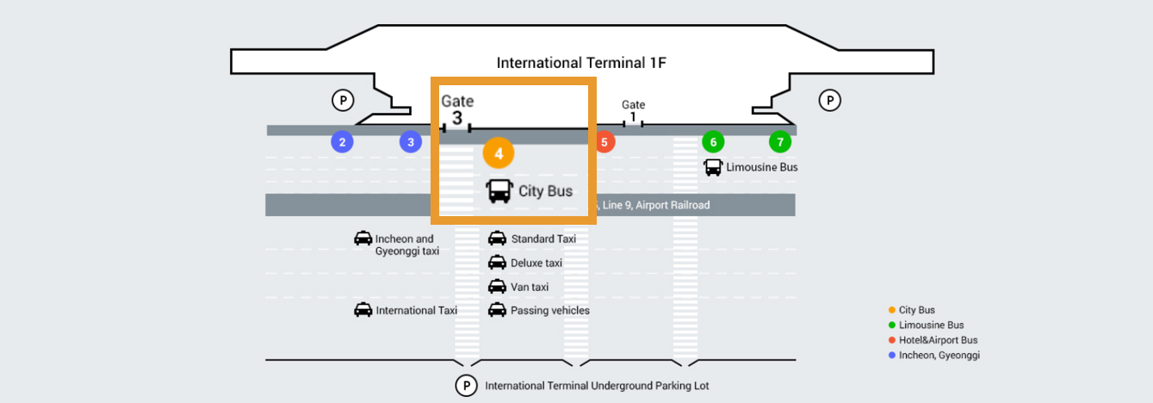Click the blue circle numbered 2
click(x=343, y=142)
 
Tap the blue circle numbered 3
click(x=411, y=142)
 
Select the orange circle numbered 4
click(x=499, y=153)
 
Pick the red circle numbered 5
click(x=604, y=142)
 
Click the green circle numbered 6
click(x=712, y=142)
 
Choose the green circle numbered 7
click(x=780, y=142)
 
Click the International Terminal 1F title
click(x=582, y=63)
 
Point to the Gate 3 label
click(x=457, y=109)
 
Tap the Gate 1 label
click(x=634, y=111)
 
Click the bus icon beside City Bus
click(x=499, y=191)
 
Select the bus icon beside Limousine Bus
click(x=713, y=167)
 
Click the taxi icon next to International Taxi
click(x=363, y=310)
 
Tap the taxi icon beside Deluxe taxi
click(x=497, y=263)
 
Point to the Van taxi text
click(x=530, y=287)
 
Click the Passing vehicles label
click(x=550, y=310)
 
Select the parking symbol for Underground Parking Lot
click(x=466, y=386)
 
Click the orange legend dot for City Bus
click(x=892, y=310)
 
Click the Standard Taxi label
click(x=543, y=239)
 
